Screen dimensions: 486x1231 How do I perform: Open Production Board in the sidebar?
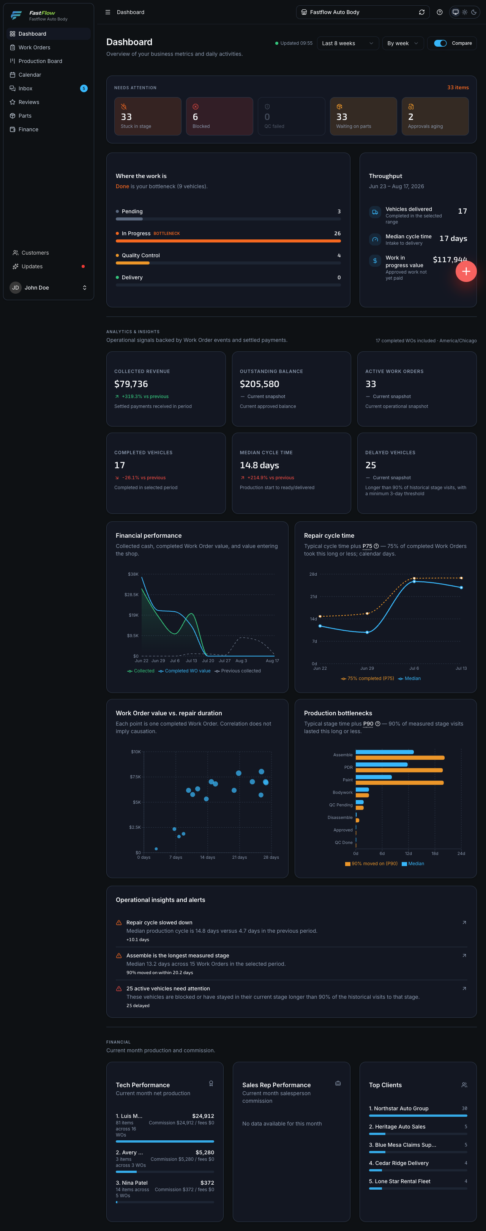pos(40,61)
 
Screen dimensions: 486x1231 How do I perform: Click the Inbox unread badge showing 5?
pos(84,88)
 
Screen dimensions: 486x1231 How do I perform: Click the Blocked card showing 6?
pos(219,116)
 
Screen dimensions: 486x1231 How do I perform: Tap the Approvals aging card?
pos(435,116)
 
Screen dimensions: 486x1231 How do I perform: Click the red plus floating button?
pos(466,271)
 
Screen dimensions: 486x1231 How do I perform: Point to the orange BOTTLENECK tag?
pos(166,234)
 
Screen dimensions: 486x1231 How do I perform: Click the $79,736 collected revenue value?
pos(131,384)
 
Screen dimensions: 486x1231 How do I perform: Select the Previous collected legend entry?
pos(238,671)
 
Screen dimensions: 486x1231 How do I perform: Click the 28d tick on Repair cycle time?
pos(313,574)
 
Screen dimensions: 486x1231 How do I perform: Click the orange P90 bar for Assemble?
pos(400,758)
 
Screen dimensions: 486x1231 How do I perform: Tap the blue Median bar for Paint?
pos(374,777)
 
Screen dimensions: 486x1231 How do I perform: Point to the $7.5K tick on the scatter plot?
pos(136,777)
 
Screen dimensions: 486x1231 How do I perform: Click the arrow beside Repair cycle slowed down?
pos(464,923)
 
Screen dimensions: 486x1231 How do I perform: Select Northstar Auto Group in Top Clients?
pos(401,1109)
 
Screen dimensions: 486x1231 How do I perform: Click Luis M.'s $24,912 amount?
pos(203,1116)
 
